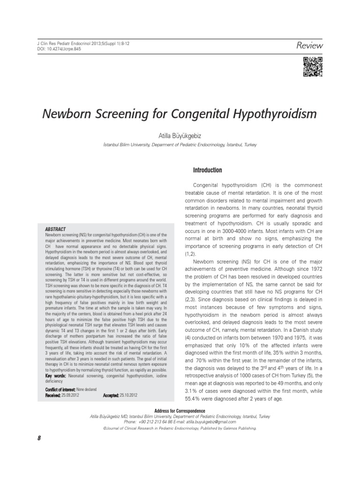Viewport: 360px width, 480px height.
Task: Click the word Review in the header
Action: (x=310, y=45)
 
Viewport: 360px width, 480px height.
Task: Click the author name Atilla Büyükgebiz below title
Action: (x=180, y=135)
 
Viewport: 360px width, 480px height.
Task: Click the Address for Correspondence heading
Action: (x=180, y=411)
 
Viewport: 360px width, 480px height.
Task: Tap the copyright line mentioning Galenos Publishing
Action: (x=180, y=428)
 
